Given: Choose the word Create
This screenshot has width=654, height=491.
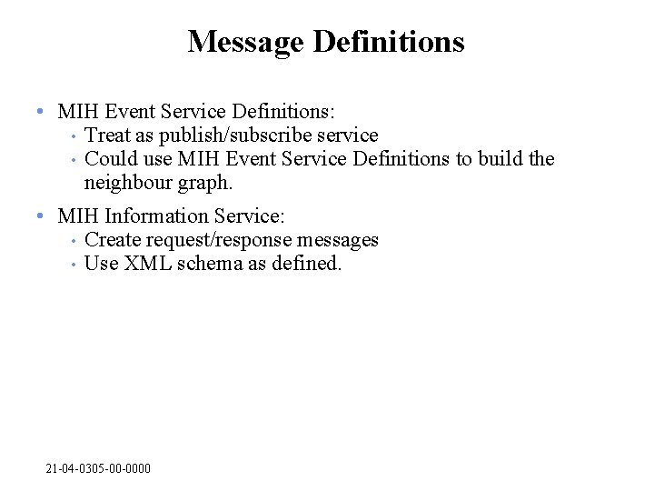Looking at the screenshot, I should (x=112, y=240).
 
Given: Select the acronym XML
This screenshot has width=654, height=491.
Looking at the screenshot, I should (x=144, y=265).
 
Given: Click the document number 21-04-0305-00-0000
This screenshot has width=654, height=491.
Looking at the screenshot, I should (x=98, y=468).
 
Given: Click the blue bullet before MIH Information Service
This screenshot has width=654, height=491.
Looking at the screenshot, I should (x=41, y=216).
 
